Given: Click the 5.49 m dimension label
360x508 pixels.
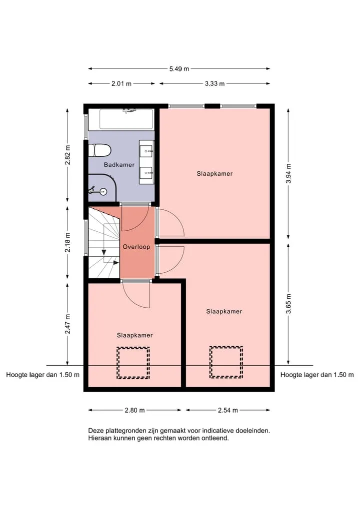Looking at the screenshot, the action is (x=179, y=69).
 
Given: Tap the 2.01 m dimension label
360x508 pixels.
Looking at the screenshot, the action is (x=121, y=83).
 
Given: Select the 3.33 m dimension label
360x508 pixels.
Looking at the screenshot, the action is (x=214, y=83).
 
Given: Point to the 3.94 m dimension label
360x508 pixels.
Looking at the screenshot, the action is (x=288, y=173).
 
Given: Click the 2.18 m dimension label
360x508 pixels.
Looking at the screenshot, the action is (x=67, y=242).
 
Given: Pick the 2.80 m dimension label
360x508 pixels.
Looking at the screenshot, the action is (x=134, y=410).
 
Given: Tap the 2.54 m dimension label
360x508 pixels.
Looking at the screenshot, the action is (x=227, y=410).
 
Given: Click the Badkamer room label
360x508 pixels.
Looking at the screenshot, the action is (x=119, y=164).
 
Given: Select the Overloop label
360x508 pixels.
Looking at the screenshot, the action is (x=136, y=247).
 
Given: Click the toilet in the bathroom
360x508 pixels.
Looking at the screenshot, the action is (x=100, y=150).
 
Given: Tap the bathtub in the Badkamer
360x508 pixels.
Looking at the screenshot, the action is (x=126, y=119).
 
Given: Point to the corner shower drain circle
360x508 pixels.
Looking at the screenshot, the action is (x=103, y=191).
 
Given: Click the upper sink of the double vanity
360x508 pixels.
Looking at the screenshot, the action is (x=147, y=151).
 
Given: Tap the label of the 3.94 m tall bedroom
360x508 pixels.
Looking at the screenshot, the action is (x=214, y=174).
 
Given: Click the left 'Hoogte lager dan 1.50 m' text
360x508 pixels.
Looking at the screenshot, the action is (x=43, y=375).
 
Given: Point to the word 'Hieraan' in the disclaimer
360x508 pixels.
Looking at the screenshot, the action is (x=99, y=438).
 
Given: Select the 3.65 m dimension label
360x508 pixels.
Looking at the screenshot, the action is (x=288, y=304).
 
